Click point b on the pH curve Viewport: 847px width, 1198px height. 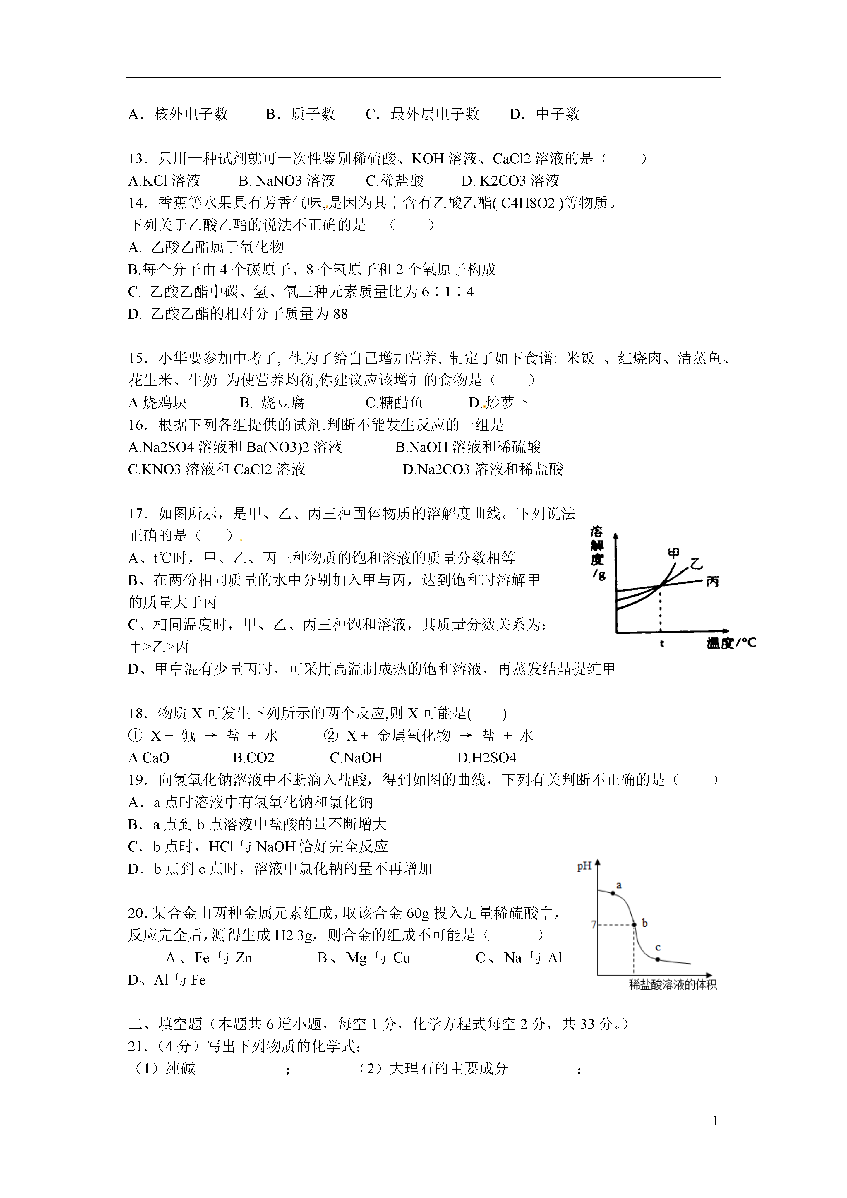(x=634, y=924)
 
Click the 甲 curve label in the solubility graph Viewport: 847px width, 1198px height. (x=674, y=553)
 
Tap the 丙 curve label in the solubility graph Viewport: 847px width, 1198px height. (x=712, y=581)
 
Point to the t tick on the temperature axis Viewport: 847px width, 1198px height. (x=661, y=643)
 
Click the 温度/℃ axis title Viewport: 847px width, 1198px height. (x=731, y=643)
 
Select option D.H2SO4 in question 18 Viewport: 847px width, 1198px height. (x=486, y=757)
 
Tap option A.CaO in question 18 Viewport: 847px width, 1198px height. (x=149, y=757)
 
